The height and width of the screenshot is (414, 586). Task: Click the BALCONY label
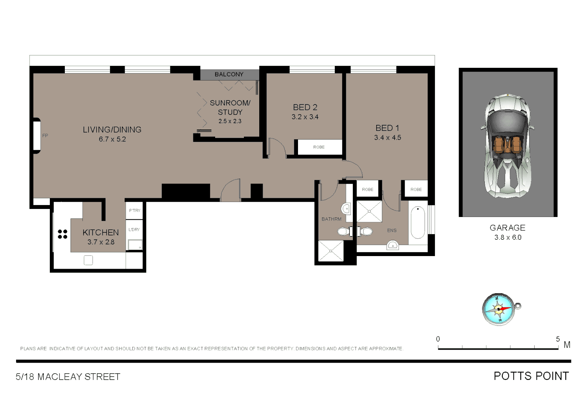(x=229, y=74)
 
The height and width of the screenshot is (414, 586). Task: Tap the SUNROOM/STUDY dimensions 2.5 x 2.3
(x=230, y=121)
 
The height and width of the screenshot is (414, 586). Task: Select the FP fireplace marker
(x=45, y=136)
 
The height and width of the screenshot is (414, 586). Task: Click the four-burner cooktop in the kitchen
(x=63, y=234)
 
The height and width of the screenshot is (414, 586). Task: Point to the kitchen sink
(x=88, y=260)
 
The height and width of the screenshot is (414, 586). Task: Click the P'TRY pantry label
(x=135, y=210)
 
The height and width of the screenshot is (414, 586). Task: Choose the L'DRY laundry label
(x=134, y=230)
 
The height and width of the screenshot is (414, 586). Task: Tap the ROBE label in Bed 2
(x=319, y=147)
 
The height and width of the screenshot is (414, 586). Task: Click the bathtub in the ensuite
(x=418, y=222)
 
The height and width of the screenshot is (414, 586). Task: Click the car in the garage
(x=507, y=146)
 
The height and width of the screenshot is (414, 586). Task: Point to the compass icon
(x=499, y=309)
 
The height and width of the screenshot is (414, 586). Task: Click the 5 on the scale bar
(x=558, y=339)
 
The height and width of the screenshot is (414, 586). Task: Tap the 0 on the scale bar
(x=438, y=339)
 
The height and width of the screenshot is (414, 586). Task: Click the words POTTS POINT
(x=531, y=376)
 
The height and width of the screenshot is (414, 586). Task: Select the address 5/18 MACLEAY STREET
(x=68, y=377)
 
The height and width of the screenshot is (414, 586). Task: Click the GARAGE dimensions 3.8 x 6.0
(x=508, y=237)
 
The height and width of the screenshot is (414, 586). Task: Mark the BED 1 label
(x=387, y=128)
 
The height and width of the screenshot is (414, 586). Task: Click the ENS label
(x=392, y=230)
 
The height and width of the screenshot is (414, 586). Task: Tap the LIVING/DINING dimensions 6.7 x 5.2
(x=112, y=139)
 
